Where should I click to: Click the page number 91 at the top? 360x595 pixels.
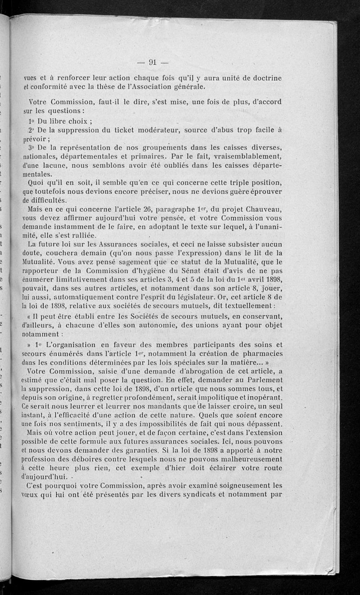point(152,63)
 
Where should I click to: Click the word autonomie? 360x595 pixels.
point(154,325)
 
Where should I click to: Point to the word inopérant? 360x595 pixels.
point(262,398)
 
